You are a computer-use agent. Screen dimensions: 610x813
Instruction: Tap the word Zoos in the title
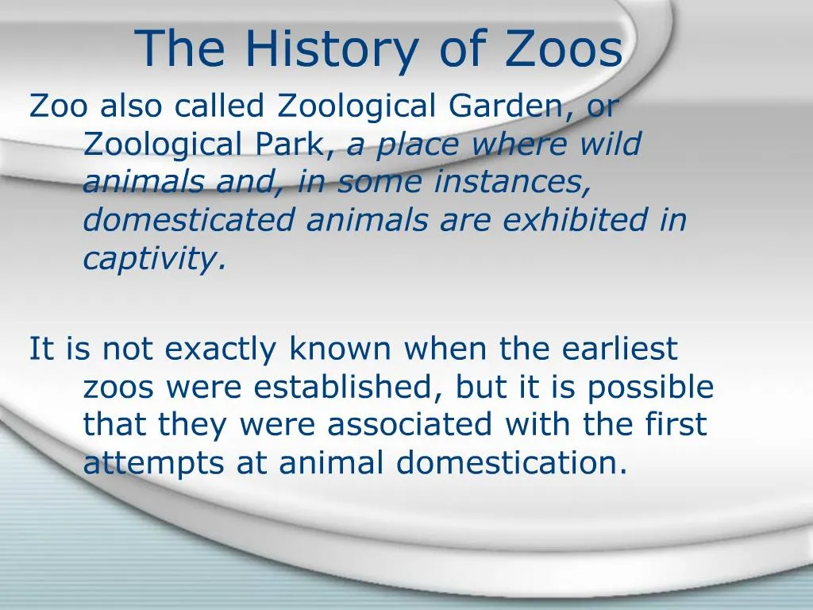[563, 49]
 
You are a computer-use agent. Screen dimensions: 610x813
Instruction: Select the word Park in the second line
[290, 145]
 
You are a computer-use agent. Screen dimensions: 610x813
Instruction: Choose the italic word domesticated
[189, 220]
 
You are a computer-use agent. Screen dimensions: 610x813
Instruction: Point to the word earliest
[620, 349]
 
